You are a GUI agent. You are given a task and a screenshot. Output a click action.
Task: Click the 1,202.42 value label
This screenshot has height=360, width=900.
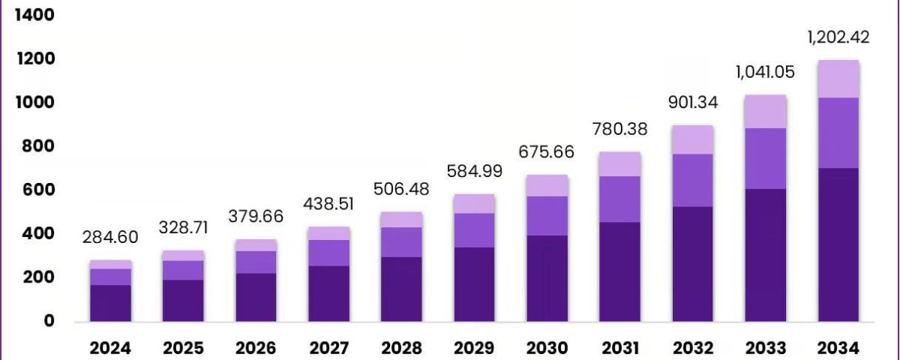point(838,37)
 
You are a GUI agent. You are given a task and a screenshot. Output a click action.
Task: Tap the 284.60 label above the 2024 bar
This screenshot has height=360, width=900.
point(110,237)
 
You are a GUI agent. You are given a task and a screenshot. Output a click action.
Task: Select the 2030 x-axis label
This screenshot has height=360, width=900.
point(547,348)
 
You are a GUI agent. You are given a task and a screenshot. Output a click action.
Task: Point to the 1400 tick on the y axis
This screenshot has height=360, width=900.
point(34,15)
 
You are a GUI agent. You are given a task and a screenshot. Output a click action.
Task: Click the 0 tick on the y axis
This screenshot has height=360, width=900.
point(49,321)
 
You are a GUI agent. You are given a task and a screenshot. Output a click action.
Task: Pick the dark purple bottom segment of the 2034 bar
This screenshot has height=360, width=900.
point(838,244)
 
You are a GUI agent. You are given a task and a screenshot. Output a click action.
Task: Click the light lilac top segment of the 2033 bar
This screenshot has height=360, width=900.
point(766,112)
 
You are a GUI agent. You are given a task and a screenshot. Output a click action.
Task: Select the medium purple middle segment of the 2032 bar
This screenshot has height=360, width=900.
point(693,181)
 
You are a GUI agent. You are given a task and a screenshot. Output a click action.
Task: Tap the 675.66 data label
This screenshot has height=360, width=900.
point(547,151)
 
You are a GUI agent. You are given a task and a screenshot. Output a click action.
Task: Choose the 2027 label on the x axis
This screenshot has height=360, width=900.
point(329,348)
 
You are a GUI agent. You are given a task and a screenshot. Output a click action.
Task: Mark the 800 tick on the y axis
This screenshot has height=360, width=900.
point(37,145)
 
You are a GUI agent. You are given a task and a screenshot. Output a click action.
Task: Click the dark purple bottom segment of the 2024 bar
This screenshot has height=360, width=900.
point(110,303)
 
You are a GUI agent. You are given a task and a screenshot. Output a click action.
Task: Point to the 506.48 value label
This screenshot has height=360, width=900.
point(401,189)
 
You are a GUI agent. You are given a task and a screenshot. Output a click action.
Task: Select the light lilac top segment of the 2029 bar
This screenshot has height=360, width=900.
point(474,204)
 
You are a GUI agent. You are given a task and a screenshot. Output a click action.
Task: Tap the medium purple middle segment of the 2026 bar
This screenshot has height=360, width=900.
point(256,262)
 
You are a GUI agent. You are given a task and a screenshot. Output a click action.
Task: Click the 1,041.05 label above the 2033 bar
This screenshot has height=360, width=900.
point(766,72)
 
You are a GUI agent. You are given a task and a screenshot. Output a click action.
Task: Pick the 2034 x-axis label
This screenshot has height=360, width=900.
point(838,348)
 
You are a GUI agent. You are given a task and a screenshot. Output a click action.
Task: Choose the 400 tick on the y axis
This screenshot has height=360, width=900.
point(37,233)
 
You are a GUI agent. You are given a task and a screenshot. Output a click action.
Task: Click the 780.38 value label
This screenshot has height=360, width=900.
point(620,129)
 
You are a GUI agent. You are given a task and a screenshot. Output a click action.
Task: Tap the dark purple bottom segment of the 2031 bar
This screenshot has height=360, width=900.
point(620,272)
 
